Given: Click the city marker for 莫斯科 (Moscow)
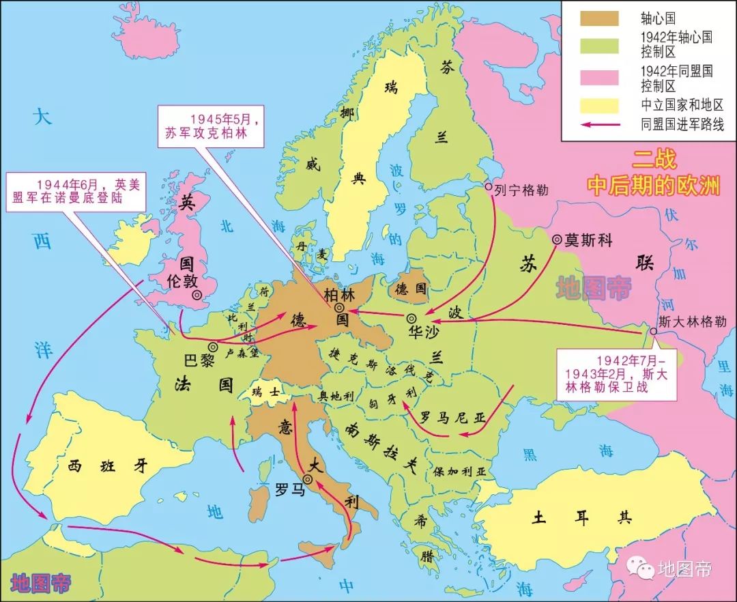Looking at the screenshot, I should pos(558,240).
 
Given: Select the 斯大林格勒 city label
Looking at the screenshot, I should pos(692,321).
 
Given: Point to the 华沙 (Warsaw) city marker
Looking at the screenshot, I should pos(411,319).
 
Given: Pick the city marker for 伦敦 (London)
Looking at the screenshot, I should pos(197,296).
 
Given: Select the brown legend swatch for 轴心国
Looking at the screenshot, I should pos(599,18).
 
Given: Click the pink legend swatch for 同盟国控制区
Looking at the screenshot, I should pos(599,76).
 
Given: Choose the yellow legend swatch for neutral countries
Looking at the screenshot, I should pos(599,105).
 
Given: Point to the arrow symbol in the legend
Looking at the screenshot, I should pos(599,125).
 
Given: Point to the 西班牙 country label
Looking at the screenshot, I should pos(108,466).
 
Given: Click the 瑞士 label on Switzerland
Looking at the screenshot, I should pos(265,393).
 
